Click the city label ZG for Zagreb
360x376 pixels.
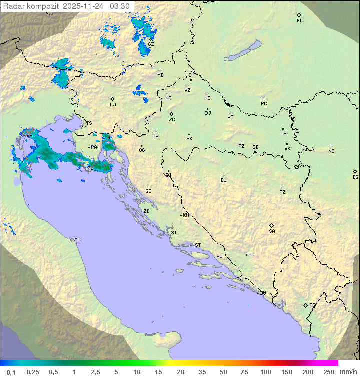172,120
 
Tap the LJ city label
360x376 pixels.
113,105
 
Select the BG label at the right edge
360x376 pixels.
355,177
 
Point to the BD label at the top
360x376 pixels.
299,21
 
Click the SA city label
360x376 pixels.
272,231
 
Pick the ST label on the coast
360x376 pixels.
198,245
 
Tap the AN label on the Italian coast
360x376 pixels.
77,240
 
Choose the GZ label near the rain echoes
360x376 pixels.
151,44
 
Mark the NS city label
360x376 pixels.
331,151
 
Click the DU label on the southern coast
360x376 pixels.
263,293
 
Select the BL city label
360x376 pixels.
223,180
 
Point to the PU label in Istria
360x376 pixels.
90,168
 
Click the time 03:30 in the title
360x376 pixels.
120,6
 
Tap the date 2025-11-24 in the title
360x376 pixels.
84,6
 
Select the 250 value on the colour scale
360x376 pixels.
329,372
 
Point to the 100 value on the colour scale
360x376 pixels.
265,372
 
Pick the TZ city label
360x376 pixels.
283,192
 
